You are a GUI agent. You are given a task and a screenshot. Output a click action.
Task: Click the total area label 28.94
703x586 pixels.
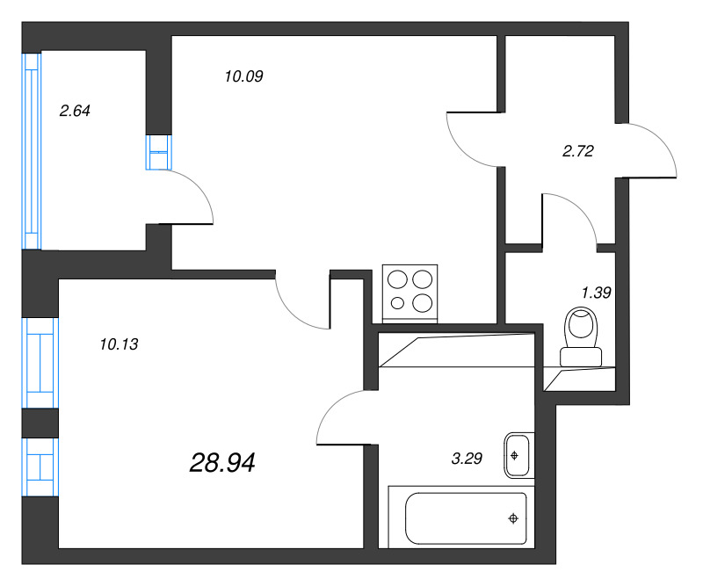[x=222, y=462]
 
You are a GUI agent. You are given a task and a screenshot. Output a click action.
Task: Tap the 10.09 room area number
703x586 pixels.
[x=244, y=76]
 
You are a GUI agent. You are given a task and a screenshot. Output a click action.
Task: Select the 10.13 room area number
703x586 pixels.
[x=119, y=344]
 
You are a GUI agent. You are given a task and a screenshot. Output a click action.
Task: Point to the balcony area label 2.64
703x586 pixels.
[x=75, y=111]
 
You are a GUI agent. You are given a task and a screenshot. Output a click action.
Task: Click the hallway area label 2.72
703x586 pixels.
[x=578, y=151]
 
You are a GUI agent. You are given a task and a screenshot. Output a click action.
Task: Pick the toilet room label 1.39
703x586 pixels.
[x=596, y=293]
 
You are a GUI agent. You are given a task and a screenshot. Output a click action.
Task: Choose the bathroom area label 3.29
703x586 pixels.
[x=467, y=458]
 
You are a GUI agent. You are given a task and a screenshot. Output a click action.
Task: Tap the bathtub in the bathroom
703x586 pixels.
[x=466, y=518]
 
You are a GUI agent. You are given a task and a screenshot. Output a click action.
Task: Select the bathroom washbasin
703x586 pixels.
[x=517, y=455]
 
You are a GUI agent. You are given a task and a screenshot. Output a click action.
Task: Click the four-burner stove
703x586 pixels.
[x=410, y=292]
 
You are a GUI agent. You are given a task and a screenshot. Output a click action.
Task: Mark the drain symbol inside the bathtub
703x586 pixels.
[x=511, y=518]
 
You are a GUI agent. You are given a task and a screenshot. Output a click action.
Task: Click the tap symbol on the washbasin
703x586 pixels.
[x=516, y=455]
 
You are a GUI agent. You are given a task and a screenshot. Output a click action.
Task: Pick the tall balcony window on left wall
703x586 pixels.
[x=32, y=149]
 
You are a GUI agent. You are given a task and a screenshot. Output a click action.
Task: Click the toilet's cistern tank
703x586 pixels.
[x=581, y=356]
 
